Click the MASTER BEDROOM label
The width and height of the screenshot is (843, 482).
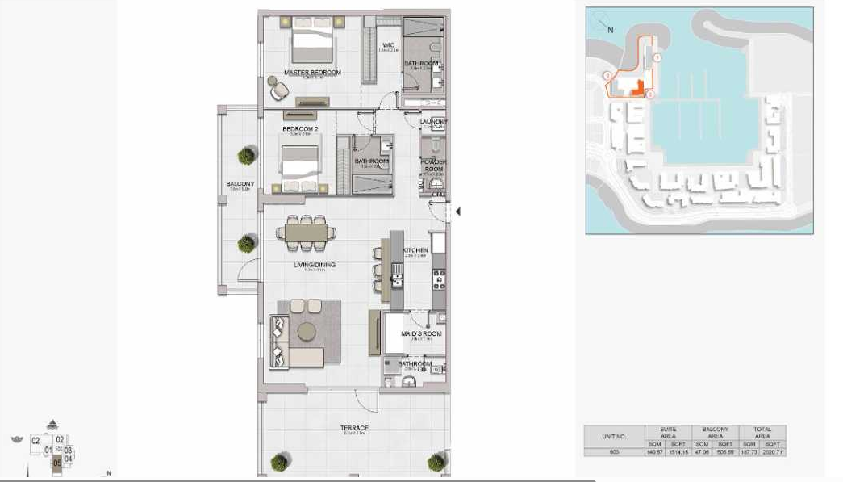tap(312, 73)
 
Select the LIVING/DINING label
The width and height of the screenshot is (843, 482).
tap(315, 265)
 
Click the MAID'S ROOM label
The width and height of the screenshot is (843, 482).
tap(421, 333)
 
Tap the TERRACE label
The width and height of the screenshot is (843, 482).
tap(354, 428)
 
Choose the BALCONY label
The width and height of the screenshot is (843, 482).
tap(240, 184)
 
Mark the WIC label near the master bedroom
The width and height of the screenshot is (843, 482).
tap(388, 45)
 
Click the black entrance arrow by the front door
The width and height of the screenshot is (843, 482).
tap(458, 212)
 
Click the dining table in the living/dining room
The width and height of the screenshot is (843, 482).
tap(306, 233)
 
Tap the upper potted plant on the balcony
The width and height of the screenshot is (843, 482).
tap(246, 156)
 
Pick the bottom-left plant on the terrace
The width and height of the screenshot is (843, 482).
tap(278, 463)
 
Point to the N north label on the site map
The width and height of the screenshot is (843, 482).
tap(611, 30)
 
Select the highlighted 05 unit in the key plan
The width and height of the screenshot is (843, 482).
tap(56, 463)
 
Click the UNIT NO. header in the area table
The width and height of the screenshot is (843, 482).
tap(614, 436)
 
